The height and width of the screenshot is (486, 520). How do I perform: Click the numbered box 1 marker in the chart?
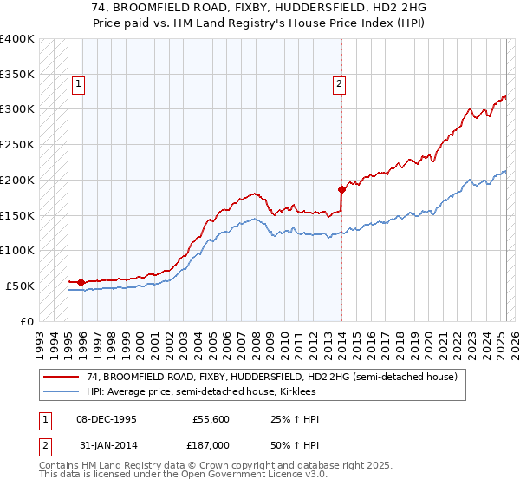point(78,84)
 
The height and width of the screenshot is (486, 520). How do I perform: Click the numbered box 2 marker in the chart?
point(338,84)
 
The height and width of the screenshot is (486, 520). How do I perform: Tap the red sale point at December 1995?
point(81,282)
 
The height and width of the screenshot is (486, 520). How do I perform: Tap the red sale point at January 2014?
point(342,188)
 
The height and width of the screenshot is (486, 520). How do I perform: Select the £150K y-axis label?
point(17,215)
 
